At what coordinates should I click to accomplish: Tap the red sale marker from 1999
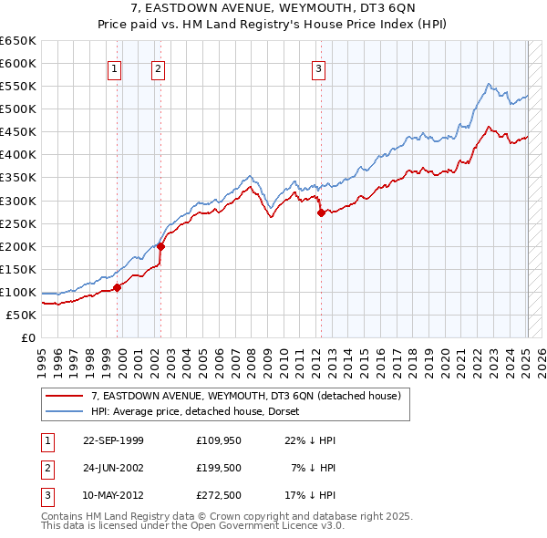(118, 287)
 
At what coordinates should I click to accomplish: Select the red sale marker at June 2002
(160, 246)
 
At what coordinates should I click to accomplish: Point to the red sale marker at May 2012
(321, 212)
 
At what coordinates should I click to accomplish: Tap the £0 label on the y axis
(28, 338)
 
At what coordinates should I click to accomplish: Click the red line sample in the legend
(65, 395)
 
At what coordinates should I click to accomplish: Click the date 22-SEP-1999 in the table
(113, 440)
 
